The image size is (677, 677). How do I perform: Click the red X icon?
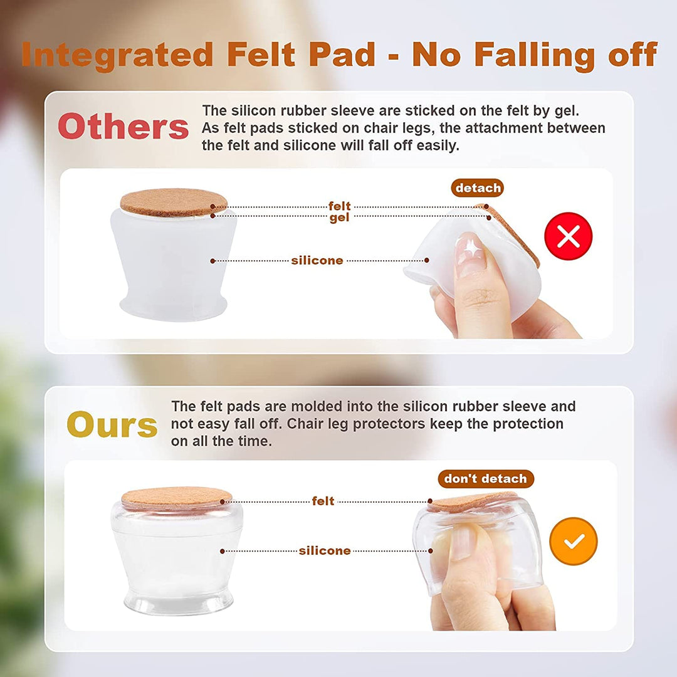tap(568, 236)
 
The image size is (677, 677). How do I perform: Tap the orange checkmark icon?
tap(574, 541)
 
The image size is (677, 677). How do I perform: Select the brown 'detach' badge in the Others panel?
tap(478, 188)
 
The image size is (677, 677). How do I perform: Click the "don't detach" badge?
tap(486, 479)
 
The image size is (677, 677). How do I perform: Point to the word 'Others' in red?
tap(123, 126)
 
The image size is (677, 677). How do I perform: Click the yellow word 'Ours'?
tap(112, 424)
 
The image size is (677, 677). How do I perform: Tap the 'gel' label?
tap(339, 217)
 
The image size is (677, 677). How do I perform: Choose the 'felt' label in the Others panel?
tap(339, 206)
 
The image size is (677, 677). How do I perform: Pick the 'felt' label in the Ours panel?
tap(323, 501)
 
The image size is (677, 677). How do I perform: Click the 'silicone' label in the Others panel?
tap(317, 260)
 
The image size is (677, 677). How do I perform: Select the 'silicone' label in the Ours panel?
tap(325, 550)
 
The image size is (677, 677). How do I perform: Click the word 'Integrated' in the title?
tap(117, 55)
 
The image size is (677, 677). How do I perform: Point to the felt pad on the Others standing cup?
tap(174, 202)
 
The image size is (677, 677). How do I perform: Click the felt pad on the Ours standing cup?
tap(177, 497)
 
